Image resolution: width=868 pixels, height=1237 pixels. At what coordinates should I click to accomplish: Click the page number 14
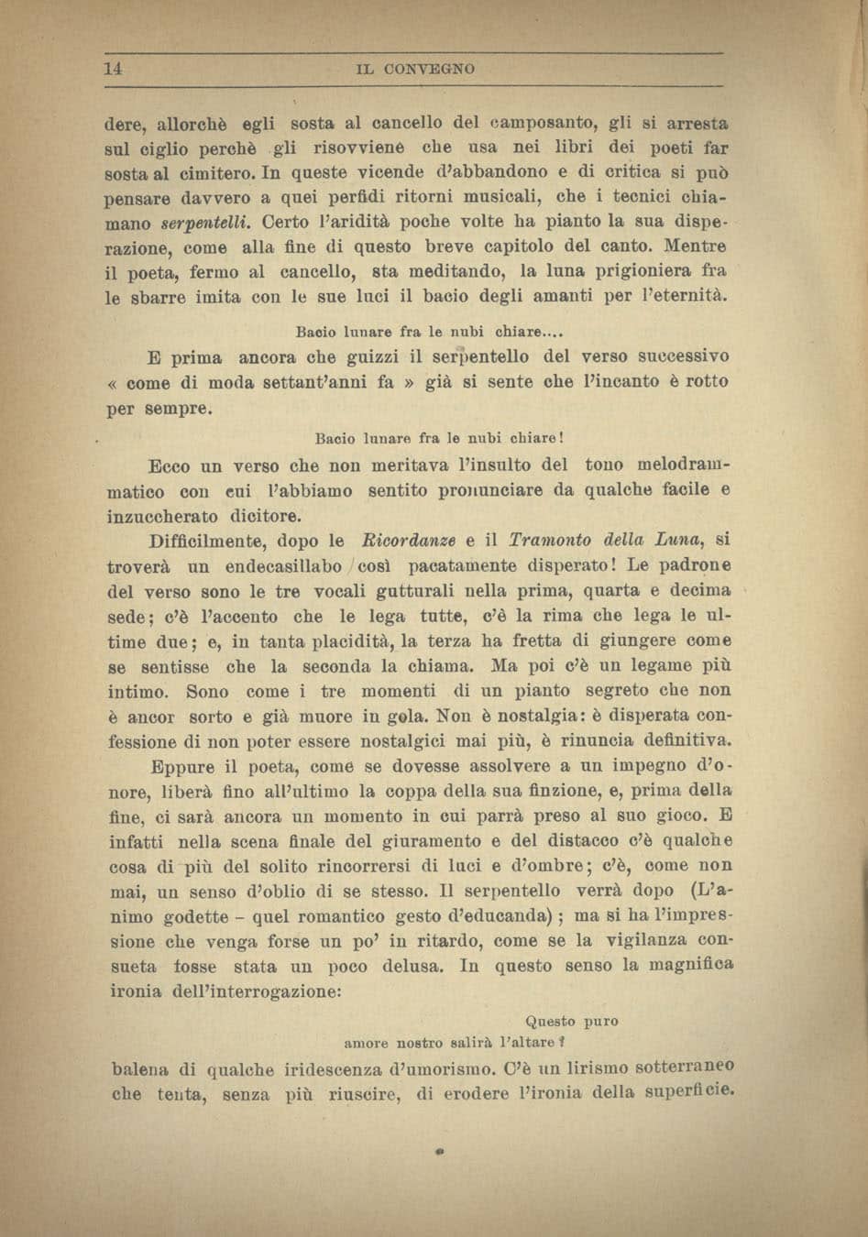[x=114, y=69]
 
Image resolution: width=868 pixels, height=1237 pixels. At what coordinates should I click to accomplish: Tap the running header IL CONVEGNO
[x=416, y=70]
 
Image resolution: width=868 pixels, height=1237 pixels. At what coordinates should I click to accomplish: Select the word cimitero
[x=214, y=172]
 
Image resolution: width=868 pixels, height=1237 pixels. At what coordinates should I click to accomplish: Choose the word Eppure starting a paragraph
[x=182, y=766]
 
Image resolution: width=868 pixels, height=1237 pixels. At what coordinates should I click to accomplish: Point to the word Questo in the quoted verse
[x=550, y=1021]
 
